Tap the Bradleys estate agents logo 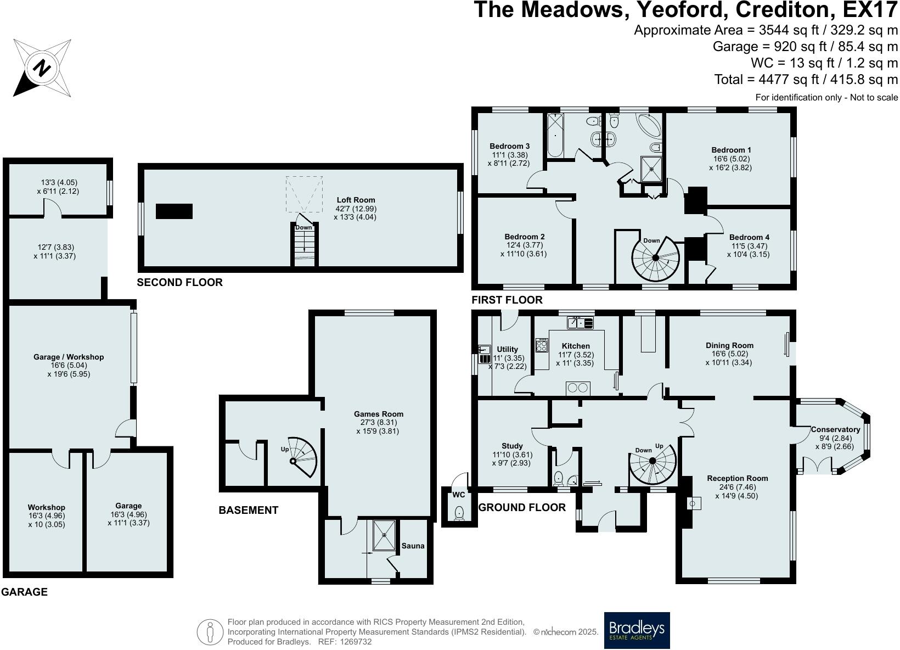coord(637,630)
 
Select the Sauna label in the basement coord(413,546)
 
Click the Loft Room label coord(355,200)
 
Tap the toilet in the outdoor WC coord(459,513)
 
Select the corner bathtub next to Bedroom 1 coord(649,127)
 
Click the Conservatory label coord(835,429)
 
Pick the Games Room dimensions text coord(379,427)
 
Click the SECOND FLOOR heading coord(179,282)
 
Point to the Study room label coord(512,446)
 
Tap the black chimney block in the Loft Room coord(174,211)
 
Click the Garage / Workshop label coord(69,357)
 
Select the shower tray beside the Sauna coord(384,535)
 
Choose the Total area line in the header coord(806,80)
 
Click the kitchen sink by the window coord(580,323)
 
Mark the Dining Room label coord(729,345)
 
